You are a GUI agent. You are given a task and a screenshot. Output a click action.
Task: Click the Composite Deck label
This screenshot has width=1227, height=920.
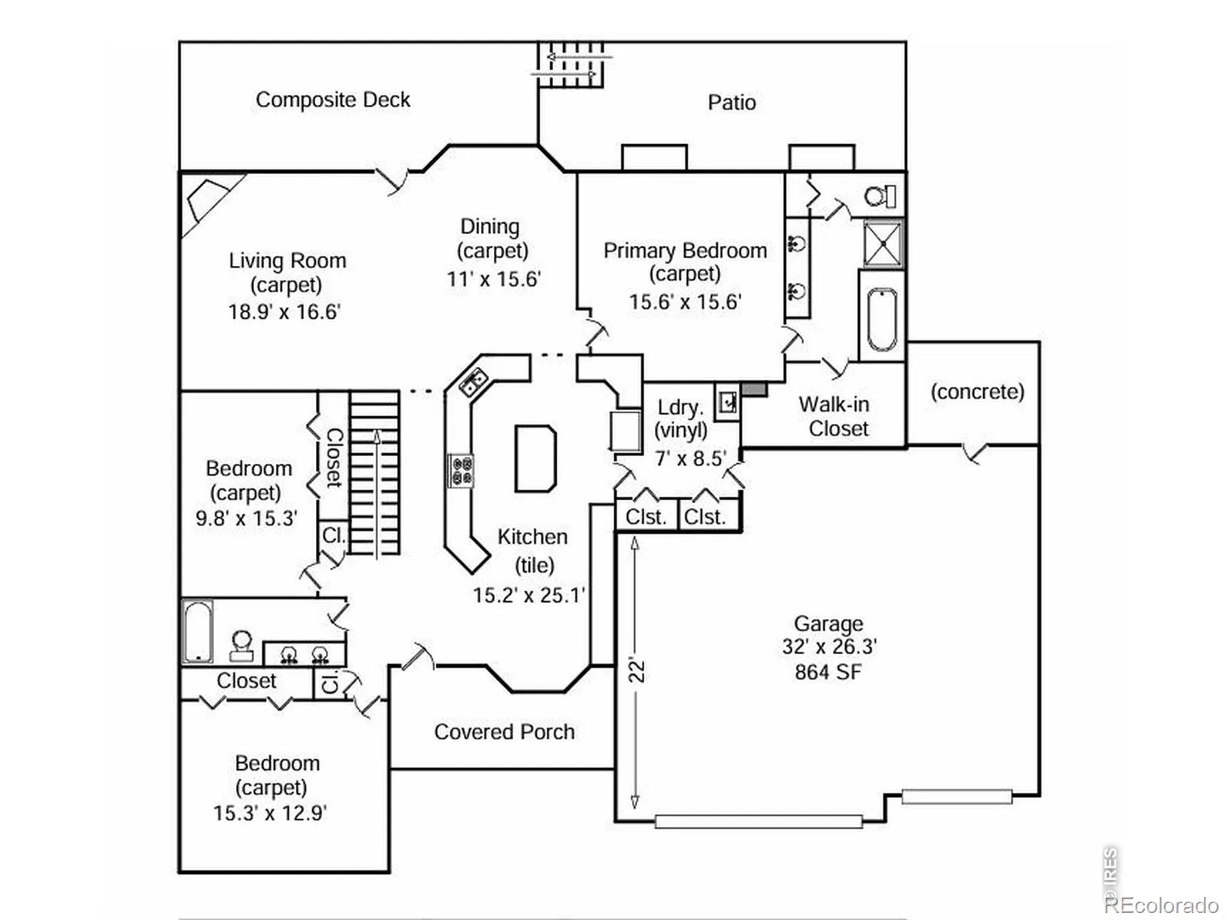333,100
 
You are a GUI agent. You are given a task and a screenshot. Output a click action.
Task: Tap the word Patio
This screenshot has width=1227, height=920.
732,103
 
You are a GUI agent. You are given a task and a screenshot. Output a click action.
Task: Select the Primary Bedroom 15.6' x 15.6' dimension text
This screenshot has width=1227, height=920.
685,302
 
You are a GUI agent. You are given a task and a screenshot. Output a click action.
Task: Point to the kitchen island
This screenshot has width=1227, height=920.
535,458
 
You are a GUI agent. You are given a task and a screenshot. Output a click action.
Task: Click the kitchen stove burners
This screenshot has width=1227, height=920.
461,471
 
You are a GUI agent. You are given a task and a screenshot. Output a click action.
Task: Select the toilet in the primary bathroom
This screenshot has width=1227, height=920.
880,196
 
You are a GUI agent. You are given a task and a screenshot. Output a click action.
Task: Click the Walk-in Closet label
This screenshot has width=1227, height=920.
837,416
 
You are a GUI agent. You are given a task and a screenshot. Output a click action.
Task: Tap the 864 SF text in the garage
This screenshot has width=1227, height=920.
828,672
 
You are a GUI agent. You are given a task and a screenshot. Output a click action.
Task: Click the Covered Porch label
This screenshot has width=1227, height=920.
504,732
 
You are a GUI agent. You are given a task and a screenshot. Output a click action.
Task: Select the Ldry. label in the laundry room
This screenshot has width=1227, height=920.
679,407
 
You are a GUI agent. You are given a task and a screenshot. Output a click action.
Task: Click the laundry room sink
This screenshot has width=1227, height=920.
727,401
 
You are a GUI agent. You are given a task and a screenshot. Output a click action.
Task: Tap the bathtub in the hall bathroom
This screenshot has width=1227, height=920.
197,632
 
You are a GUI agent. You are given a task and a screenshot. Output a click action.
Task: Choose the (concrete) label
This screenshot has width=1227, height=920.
977,392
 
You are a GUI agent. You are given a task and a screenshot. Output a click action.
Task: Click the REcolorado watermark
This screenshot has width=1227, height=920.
1161,905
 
